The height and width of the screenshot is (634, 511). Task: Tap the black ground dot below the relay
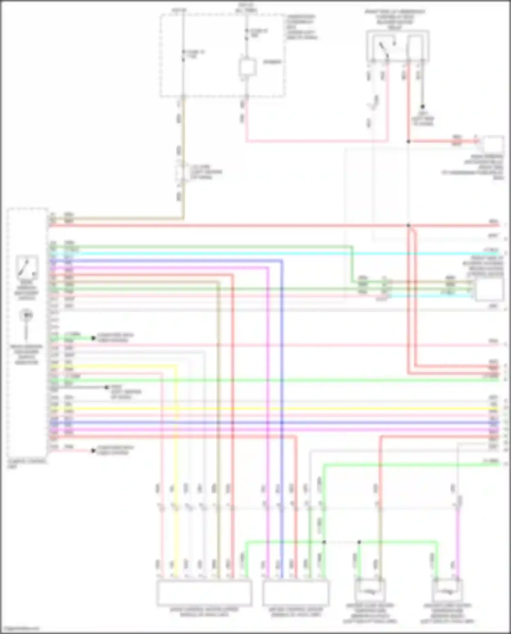click(x=422, y=107)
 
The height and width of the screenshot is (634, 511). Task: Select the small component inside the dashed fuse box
click(x=247, y=67)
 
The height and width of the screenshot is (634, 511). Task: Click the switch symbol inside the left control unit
click(x=27, y=267)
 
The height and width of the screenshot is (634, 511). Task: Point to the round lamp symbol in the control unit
click(x=26, y=315)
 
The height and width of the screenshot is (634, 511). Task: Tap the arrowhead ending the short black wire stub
click(x=106, y=387)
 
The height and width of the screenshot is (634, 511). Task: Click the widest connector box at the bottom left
click(x=204, y=593)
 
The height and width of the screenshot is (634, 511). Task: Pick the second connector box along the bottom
click(x=296, y=593)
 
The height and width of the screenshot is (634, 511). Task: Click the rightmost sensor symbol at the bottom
click(x=447, y=591)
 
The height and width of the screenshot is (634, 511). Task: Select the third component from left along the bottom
click(x=370, y=591)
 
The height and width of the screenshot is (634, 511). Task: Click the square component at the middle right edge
click(x=489, y=290)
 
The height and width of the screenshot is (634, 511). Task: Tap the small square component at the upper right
click(x=493, y=145)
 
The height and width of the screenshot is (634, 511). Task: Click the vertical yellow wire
click(x=176, y=443)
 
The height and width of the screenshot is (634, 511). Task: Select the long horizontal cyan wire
click(x=273, y=253)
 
